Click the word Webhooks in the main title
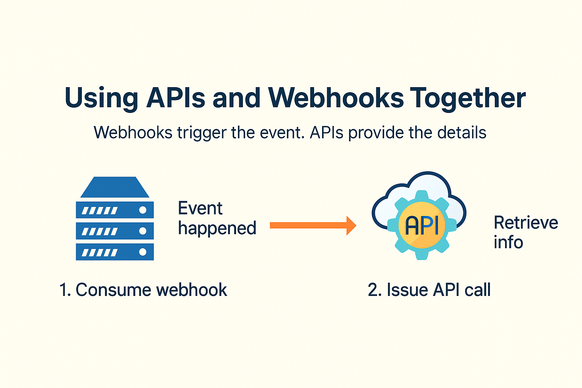click(x=336, y=97)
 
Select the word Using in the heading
click(x=101, y=99)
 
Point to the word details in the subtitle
click(x=462, y=132)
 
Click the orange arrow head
click(x=351, y=225)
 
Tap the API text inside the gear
click(x=422, y=225)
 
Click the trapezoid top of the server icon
click(x=115, y=187)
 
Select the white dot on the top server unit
click(x=142, y=210)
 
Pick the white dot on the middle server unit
click(x=142, y=231)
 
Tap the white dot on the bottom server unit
click(x=142, y=252)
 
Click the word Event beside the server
click(x=200, y=208)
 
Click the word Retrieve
click(x=526, y=223)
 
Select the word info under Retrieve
click(x=508, y=242)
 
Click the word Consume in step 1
click(x=113, y=289)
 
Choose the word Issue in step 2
click(x=407, y=289)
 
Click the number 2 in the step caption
click(x=373, y=289)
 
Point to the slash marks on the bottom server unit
click(x=100, y=252)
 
